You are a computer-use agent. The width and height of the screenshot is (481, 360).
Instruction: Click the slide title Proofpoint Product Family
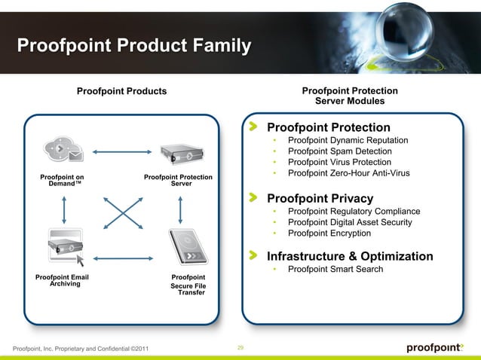[133, 47]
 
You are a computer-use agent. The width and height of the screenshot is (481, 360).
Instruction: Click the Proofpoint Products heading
[121, 91]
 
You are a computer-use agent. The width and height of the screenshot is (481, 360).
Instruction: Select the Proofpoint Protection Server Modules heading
[349, 96]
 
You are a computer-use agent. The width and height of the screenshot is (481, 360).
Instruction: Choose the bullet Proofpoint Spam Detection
[339, 151]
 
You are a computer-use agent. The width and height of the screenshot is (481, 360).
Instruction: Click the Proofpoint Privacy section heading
[320, 199]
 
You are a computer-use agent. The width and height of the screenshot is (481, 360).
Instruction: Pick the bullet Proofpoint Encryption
[329, 233]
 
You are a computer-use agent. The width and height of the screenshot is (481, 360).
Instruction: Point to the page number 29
[240, 347]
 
